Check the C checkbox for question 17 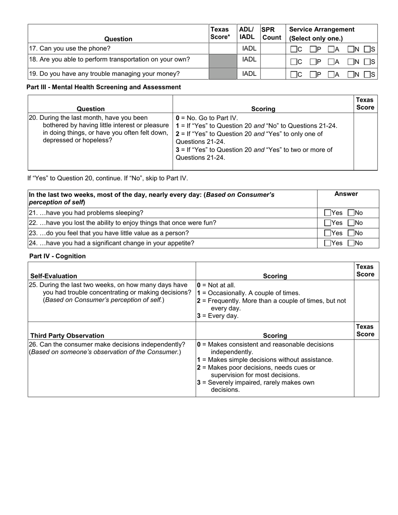[x=294, y=49]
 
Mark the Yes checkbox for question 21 [x=328, y=213]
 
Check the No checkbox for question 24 [x=351, y=243]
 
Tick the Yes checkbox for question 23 [x=328, y=233]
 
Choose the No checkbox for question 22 [x=351, y=223]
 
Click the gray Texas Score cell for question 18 [x=222, y=61]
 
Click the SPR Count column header [x=271, y=33]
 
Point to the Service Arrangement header [x=322, y=33]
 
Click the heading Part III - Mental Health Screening [x=103, y=87]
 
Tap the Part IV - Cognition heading [x=57, y=256]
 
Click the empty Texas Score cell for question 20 [x=366, y=142]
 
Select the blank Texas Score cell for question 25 [x=366, y=300]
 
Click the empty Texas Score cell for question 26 [x=366, y=368]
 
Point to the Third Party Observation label [x=67, y=335]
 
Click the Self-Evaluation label [x=54, y=276]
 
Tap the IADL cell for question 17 [x=249, y=49]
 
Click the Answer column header [x=346, y=194]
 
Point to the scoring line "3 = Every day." [x=217, y=316]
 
